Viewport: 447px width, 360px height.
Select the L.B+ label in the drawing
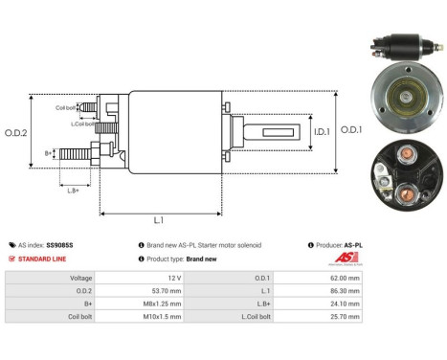point(74,191)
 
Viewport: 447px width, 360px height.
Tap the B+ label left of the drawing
point(49,152)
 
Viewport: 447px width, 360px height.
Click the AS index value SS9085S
point(59,245)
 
